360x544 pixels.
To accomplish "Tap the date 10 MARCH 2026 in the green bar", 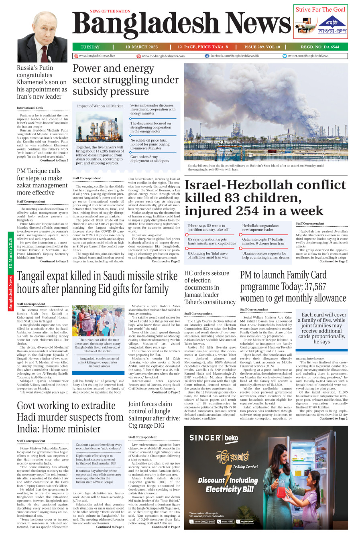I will click(142, 47).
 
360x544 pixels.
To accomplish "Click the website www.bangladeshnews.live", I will click(97, 56).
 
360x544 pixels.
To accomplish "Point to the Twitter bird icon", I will click(285, 56).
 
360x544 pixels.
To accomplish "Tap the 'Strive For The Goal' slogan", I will click(320, 10).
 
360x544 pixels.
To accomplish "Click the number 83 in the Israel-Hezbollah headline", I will click(242, 198).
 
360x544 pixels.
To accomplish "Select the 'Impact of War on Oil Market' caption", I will click(100, 106).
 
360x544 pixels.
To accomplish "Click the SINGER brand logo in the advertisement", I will click(205, 438).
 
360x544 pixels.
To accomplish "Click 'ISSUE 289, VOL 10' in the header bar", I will click(262, 47).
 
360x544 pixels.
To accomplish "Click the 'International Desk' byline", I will click(30, 108).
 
